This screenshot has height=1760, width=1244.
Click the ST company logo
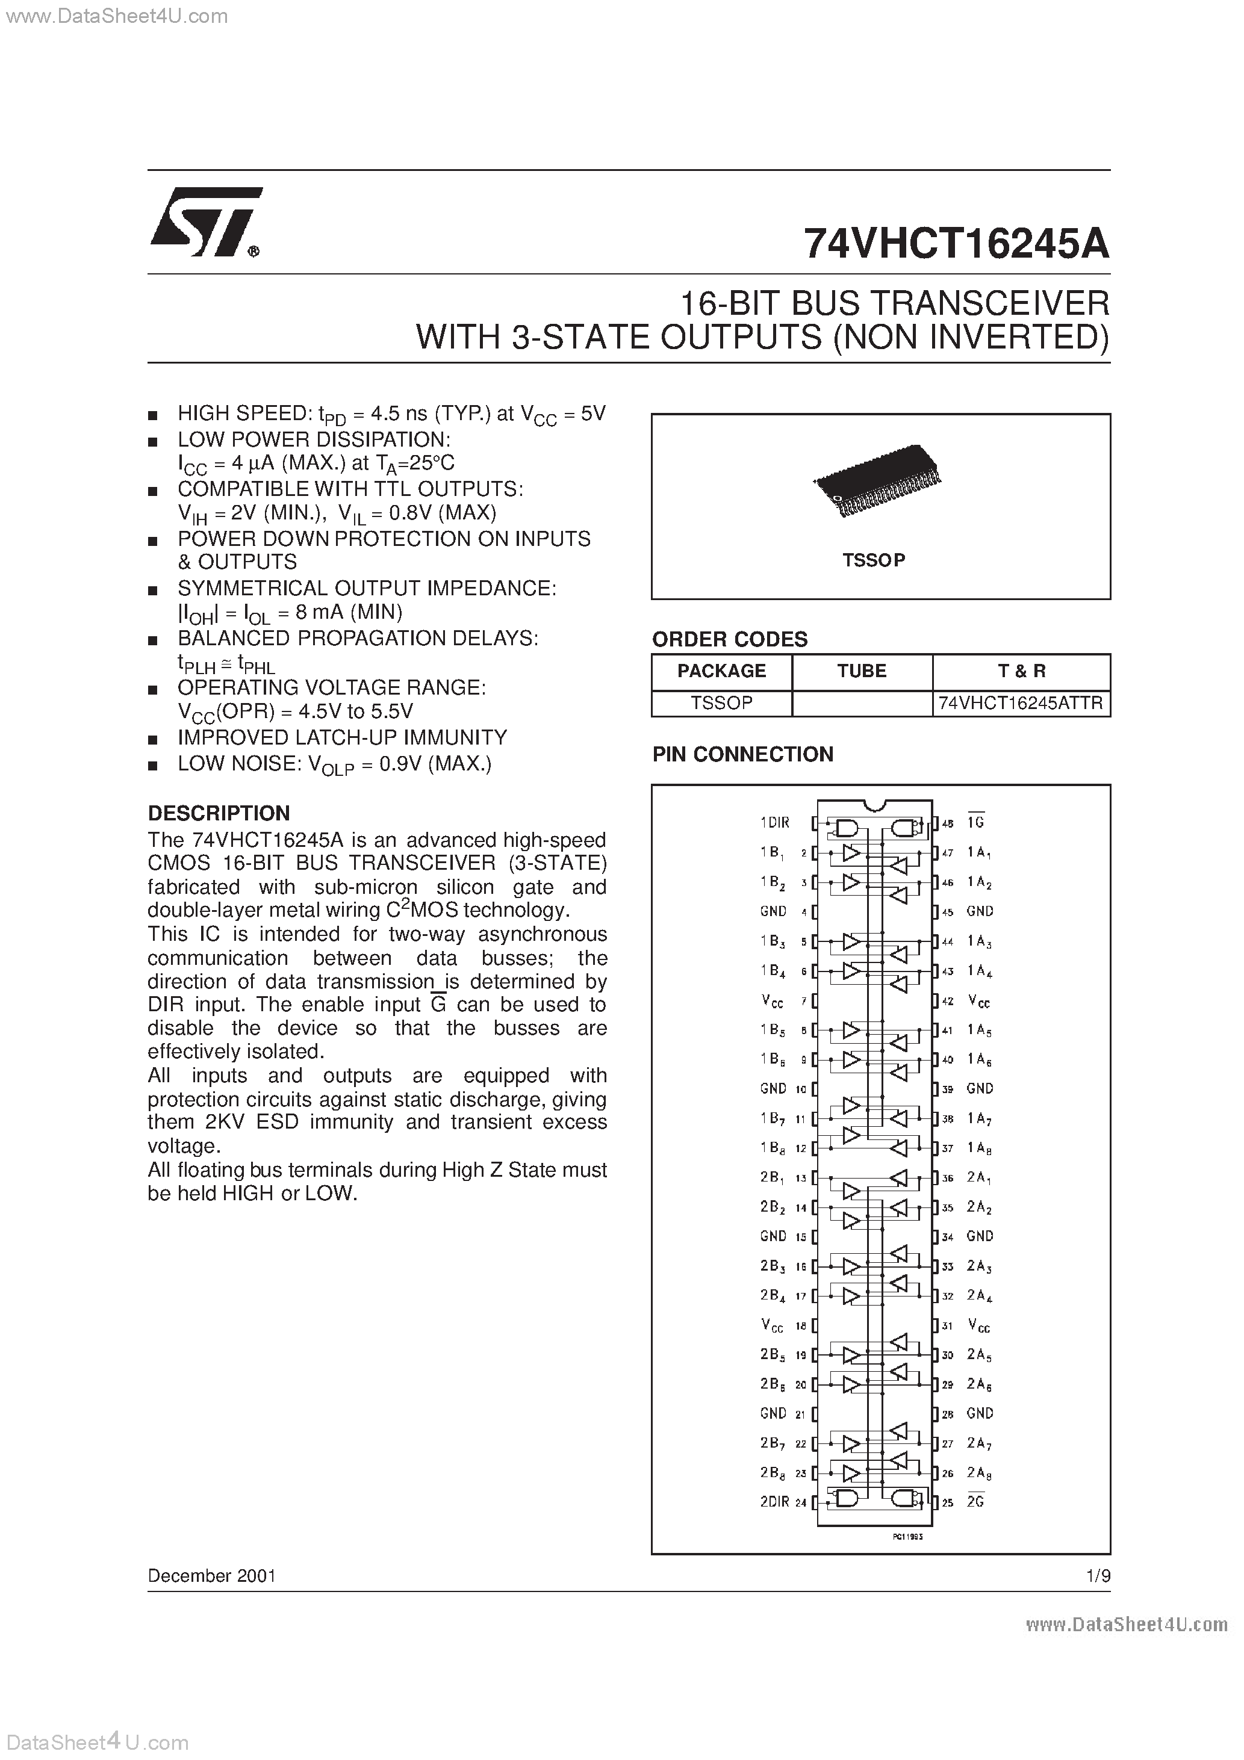point(205,222)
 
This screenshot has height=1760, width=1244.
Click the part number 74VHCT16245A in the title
point(956,244)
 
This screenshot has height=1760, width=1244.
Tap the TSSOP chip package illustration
point(877,482)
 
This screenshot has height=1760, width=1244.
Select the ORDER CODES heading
point(729,639)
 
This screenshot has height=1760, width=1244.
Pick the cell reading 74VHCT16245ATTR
point(1020,703)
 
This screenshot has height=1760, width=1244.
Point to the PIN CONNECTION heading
point(742,754)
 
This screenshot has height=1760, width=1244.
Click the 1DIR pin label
point(774,822)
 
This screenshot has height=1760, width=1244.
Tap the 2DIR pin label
point(774,1502)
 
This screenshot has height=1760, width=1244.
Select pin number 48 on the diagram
point(948,823)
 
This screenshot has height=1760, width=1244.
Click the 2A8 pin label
point(978,1472)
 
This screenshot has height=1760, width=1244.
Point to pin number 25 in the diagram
point(948,1502)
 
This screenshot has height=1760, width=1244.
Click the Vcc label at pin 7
point(773,1001)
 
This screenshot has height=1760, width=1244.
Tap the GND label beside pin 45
point(980,911)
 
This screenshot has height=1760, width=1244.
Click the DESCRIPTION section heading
point(219,813)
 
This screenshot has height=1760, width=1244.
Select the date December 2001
point(212,1576)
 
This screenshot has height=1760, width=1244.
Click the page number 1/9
point(1098,1576)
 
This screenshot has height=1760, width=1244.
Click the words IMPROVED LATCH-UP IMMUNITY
point(342,737)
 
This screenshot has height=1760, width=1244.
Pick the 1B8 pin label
point(773,1147)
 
